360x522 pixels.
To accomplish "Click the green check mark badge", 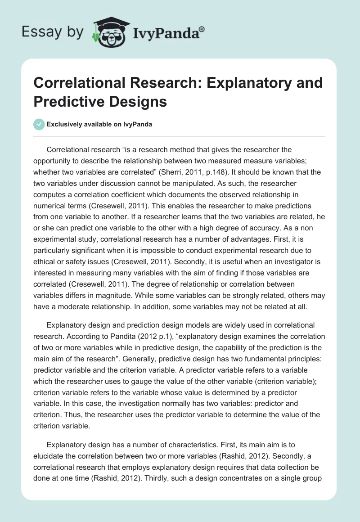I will click(x=39, y=124).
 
